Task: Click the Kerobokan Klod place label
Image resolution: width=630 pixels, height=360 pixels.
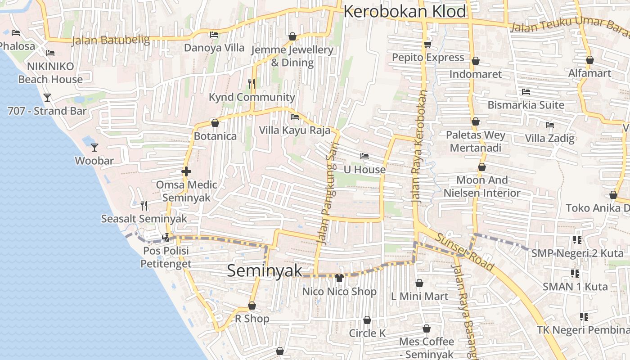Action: coord(405,12)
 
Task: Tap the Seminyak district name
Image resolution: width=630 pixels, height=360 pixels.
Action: coord(265,270)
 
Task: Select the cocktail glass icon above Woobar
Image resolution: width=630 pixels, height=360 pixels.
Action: coord(94,147)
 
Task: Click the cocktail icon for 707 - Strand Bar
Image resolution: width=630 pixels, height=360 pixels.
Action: coord(47,97)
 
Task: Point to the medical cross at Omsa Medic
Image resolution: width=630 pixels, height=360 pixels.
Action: coord(186,171)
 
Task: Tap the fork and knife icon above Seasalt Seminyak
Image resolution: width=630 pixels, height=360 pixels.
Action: coord(144,206)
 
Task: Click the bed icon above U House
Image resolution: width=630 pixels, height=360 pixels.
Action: coord(364,156)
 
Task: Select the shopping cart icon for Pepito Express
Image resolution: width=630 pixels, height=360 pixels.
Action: coord(427,44)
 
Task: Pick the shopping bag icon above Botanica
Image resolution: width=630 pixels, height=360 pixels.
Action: coord(215,123)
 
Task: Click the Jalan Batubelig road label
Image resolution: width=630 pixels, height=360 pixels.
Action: coord(111,40)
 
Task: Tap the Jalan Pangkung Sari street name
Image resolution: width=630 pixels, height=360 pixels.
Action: coord(327,198)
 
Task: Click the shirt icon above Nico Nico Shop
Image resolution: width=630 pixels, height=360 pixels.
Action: coord(339,278)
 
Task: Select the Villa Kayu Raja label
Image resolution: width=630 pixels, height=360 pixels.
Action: coord(294,130)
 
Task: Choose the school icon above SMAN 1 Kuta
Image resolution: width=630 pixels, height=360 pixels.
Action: coord(575,273)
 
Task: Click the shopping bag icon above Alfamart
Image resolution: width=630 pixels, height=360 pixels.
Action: coord(589,60)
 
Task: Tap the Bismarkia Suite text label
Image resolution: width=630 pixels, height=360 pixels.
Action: coord(526,105)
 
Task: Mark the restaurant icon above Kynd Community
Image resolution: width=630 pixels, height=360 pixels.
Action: coord(252,83)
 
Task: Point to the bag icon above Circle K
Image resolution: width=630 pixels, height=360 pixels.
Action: coord(367,320)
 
